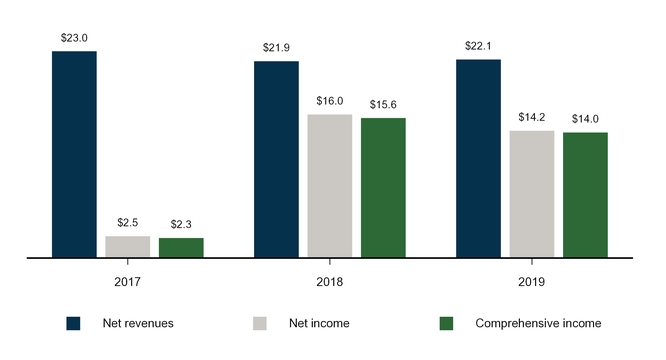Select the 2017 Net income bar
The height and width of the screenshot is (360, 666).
[x=127, y=247]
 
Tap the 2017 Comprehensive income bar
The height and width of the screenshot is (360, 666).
[x=181, y=248]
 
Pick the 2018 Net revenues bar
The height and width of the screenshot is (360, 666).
[x=276, y=159]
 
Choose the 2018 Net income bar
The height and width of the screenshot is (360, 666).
[x=329, y=186]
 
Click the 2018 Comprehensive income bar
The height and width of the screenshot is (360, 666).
[x=383, y=188]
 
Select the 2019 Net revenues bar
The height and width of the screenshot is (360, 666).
[x=478, y=158]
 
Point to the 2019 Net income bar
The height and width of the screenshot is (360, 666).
[x=531, y=194]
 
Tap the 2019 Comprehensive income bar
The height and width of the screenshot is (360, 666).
[x=585, y=195]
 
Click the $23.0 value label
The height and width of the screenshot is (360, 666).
[x=74, y=38]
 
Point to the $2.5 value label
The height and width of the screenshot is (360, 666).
[x=127, y=222]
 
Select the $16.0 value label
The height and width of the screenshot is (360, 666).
[x=329, y=101]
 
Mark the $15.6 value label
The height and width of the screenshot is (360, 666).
[x=383, y=104]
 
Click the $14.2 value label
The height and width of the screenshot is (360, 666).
[x=531, y=117]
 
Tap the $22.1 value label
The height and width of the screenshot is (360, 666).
[x=478, y=46]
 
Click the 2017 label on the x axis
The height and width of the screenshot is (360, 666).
[x=127, y=282]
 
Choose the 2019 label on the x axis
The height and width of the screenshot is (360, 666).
[x=531, y=282]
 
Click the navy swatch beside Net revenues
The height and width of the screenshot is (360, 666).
[x=73, y=323]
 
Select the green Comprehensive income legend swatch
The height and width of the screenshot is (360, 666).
[x=447, y=323]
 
